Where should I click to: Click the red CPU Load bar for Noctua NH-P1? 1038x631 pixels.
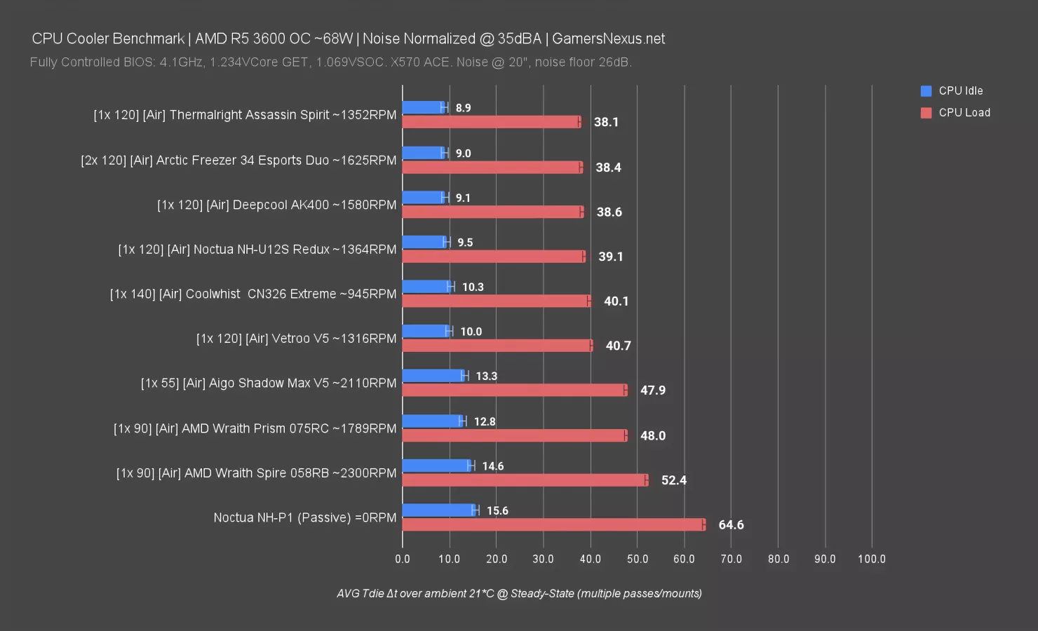coord(553,524)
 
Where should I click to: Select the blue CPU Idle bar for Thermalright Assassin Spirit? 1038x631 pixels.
coord(424,107)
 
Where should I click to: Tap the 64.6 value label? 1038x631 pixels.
coord(731,525)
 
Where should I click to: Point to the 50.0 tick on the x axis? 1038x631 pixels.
coord(638,559)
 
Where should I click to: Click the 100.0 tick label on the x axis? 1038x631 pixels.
coord(872,559)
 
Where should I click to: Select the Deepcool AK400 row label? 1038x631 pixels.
coord(276,205)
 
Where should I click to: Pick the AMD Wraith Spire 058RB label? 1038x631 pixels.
coord(256,473)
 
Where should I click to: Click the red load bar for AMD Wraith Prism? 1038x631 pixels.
coord(514,435)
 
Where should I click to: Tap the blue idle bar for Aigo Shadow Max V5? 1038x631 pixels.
coord(433,376)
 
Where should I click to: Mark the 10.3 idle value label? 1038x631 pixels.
coord(473,287)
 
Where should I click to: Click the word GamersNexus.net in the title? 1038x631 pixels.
coord(608,39)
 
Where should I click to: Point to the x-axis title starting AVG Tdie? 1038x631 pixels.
coord(519,593)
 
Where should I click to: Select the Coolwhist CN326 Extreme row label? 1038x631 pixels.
coord(252,294)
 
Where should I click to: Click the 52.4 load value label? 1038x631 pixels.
coord(673,480)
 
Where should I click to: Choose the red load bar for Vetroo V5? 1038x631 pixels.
coord(497,346)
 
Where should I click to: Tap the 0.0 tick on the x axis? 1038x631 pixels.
coord(403,559)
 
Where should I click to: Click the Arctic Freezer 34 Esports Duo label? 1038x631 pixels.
coord(238,160)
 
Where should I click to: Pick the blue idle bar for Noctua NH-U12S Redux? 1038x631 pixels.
coord(424,242)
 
